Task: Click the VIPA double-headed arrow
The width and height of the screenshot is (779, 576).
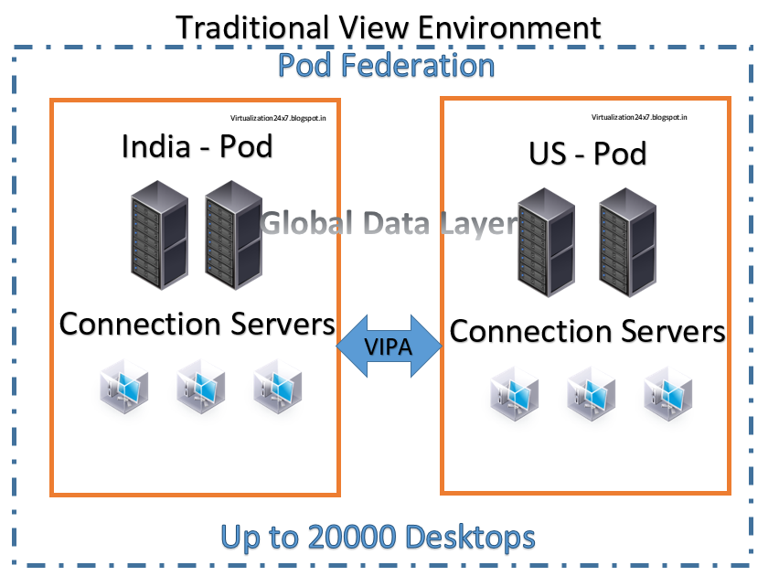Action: pyautogui.click(x=389, y=347)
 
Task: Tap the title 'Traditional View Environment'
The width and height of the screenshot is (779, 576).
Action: pyautogui.click(x=389, y=27)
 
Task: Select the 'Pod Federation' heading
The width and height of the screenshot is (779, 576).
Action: pyautogui.click(x=386, y=66)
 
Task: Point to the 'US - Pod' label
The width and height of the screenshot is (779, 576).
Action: pyautogui.click(x=587, y=153)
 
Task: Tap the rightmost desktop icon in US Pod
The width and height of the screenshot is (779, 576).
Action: pyautogui.click(x=668, y=395)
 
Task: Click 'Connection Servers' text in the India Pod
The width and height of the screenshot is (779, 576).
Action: pyautogui.click(x=197, y=324)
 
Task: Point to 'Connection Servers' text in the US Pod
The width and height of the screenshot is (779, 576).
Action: pyautogui.click(x=587, y=331)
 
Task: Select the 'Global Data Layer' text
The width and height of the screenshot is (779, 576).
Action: pyautogui.click(x=389, y=222)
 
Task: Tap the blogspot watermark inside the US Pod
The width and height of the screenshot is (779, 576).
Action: pyautogui.click(x=639, y=117)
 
